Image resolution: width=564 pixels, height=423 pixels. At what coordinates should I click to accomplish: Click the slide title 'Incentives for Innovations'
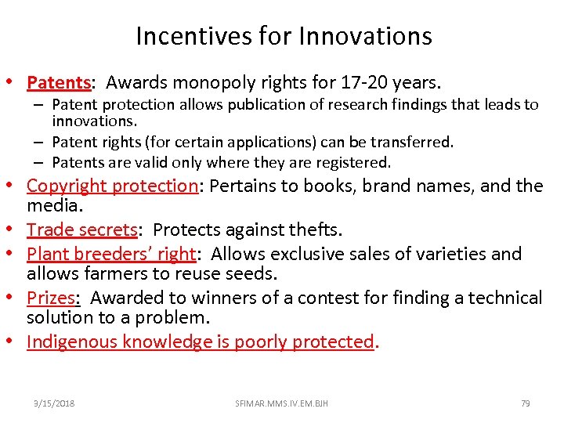284,36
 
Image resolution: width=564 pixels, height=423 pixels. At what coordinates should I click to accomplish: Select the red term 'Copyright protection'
112,186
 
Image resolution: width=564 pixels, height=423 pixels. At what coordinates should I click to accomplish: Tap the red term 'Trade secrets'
82,230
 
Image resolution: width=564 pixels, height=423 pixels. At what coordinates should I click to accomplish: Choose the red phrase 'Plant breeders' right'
110,254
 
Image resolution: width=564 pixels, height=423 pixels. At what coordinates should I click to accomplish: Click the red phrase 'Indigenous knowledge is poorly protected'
200,342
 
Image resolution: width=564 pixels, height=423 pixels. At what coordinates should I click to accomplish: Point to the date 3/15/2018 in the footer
54,403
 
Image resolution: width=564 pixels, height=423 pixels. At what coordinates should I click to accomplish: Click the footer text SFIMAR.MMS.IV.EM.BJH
281,403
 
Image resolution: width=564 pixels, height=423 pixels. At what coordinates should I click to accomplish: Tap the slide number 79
525,403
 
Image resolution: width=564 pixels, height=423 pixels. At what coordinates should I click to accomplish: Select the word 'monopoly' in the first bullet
206,81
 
